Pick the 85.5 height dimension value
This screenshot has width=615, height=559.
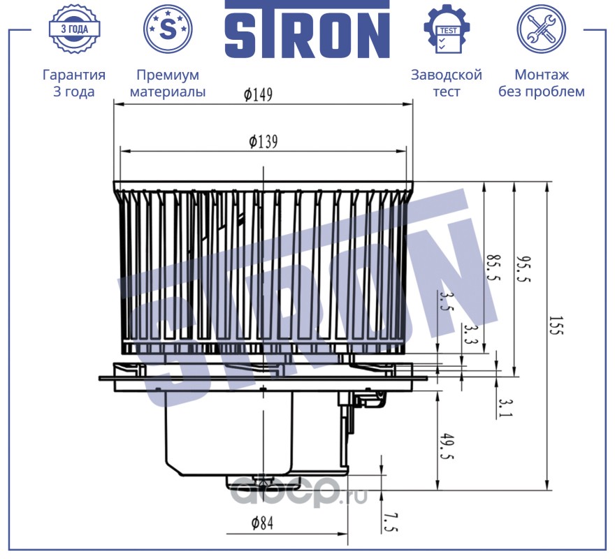pos(492,267)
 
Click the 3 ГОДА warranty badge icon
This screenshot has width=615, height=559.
pos(73,29)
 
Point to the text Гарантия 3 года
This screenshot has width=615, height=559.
pos(74,83)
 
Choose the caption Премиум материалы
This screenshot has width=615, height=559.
pos(168,83)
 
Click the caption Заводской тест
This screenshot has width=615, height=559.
pos(447,83)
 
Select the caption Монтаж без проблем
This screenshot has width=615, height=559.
pos(541,83)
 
